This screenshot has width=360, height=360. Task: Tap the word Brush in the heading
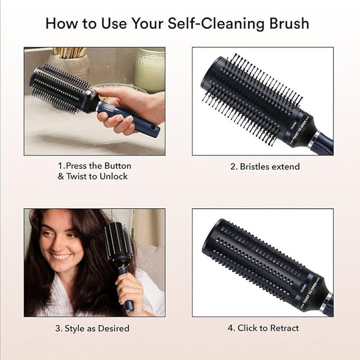290,23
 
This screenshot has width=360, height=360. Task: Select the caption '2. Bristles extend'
265,167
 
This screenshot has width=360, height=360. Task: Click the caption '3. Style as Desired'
92,328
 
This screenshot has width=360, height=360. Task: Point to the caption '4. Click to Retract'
263,328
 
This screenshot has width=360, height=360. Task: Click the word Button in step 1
118,166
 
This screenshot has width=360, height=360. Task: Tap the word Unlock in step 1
113,176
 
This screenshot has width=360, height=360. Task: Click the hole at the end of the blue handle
152,127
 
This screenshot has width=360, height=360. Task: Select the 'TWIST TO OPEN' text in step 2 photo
301,129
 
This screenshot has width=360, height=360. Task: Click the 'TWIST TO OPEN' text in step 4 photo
311,292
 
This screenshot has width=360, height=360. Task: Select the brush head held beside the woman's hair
118,241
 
